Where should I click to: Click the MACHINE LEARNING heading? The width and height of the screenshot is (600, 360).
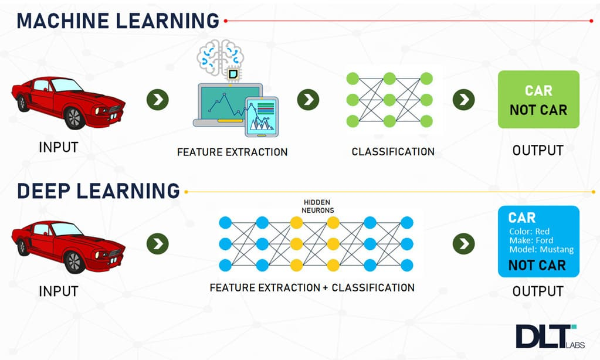[118, 21]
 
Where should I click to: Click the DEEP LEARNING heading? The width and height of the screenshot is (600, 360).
[98, 191]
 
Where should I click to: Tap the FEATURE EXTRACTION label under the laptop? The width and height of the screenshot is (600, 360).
[232, 152]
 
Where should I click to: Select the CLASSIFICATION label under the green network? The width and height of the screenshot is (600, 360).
[393, 151]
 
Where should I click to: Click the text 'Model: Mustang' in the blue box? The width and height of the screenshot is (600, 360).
[541, 249]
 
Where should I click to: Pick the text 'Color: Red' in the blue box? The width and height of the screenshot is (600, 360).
[529, 231]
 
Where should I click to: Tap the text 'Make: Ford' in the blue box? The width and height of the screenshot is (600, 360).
[531, 240]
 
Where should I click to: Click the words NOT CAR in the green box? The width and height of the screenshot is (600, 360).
[538, 109]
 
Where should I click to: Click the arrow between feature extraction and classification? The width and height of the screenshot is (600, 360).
[307, 100]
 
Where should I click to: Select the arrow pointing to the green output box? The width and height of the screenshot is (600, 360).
[464, 100]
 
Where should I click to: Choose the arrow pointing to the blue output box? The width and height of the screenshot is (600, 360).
[464, 243]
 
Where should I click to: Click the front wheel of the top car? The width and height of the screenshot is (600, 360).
[74, 118]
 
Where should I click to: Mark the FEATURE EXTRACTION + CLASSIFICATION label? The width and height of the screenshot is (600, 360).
[312, 287]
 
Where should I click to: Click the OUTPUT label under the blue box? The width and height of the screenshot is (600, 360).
[538, 291]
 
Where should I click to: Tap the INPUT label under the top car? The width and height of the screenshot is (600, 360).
[59, 148]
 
